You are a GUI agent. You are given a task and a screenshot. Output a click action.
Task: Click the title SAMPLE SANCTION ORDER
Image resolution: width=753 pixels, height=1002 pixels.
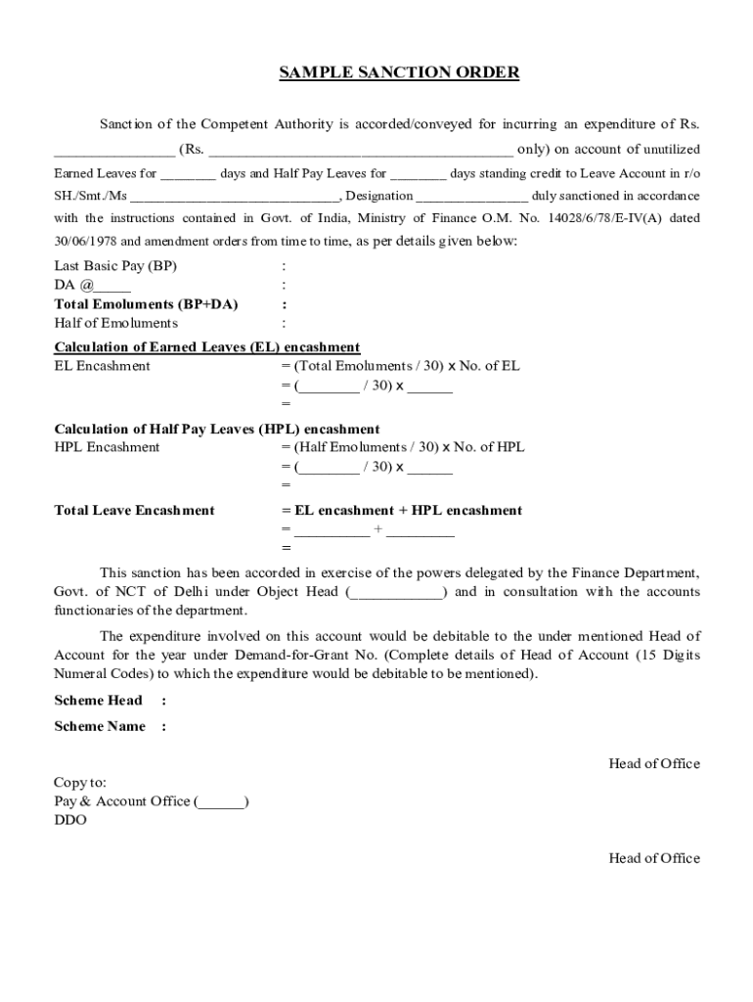pos(399,72)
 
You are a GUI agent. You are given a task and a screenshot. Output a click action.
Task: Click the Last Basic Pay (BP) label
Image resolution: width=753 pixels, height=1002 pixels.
pos(115,266)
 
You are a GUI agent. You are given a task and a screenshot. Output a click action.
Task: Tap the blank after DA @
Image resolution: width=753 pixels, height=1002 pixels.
pos(113,287)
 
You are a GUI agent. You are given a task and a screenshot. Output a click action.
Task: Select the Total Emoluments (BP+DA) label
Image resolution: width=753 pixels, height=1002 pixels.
pos(146,304)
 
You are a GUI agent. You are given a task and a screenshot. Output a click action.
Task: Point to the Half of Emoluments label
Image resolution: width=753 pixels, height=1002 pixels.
pos(115,323)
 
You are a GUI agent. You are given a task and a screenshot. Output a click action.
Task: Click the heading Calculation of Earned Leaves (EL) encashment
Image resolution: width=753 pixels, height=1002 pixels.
pos(207,347)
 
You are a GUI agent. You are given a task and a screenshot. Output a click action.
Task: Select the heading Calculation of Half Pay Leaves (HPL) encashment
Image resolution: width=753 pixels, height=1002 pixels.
pos(217,430)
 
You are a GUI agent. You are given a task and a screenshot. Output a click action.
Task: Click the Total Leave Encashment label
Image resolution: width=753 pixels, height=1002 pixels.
pos(134,511)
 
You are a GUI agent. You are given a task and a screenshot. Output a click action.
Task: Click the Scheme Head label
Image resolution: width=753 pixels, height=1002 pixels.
pos(98,701)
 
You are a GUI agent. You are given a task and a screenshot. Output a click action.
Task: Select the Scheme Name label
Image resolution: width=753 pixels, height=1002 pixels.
pos(100,726)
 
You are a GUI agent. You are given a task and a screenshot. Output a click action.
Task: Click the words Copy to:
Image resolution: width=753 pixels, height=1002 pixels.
pos(80,783)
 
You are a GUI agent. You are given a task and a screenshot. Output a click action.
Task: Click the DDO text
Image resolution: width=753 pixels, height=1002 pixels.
pos(69,821)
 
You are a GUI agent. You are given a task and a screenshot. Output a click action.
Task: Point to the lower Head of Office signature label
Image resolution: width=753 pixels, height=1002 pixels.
pos(654,859)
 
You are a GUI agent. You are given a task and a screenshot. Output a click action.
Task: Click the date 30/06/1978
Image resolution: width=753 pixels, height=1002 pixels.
pos(84,241)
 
